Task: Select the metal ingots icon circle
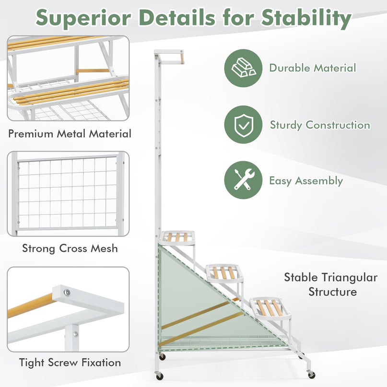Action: tap(243, 68)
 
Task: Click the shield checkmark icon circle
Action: tap(243, 124)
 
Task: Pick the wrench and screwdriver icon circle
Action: tap(243, 180)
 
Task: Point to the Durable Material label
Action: tap(313, 68)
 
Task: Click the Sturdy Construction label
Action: tap(320, 125)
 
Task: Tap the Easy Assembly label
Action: tap(306, 181)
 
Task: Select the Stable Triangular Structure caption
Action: tap(331, 284)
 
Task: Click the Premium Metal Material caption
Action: tap(70, 134)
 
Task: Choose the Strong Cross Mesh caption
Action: tap(70, 248)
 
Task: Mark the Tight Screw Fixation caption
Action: tap(70, 363)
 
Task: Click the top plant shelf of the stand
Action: tap(177, 238)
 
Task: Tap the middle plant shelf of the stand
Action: tap(224, 272)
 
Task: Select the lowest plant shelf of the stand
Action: tap(270, 308)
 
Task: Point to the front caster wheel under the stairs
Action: tap(312, 375)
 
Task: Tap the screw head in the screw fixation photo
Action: tap(67, 293)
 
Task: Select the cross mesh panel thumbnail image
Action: tap(68, 194)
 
